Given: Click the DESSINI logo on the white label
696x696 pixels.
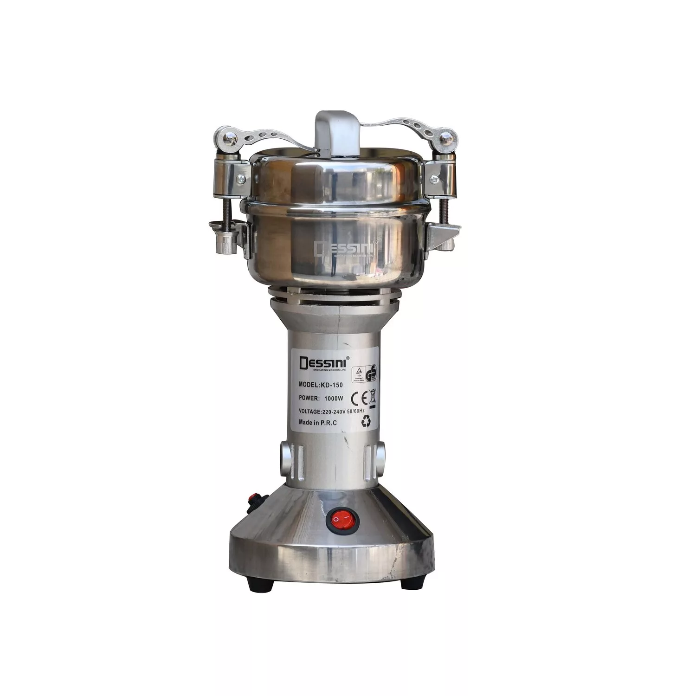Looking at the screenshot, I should [x=319, y=361].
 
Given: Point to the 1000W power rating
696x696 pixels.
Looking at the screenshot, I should [x=321, y=398].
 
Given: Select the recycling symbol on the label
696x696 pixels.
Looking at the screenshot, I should [x=366, y=422].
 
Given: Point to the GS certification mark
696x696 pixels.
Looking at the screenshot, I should [x=372, y=373].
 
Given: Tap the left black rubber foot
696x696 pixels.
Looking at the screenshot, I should [x=258, y=584].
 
